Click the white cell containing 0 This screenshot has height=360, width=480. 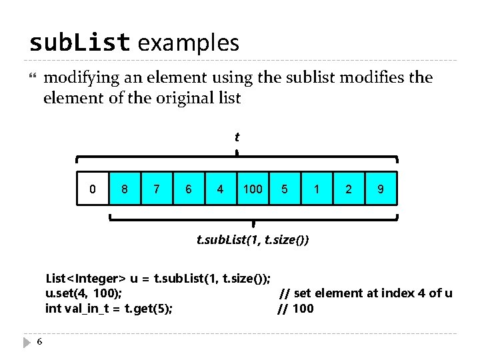click(x=93, y=189)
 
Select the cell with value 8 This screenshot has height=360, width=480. click(x=125, y=189)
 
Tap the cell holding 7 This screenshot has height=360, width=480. click(x=157, y=189)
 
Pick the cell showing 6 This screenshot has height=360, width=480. click(x=189, y=189)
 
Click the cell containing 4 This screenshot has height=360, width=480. click(x=221, y=189)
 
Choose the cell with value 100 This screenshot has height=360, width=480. click(x=253, y=189)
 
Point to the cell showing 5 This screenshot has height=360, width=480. click(x=285, y=189)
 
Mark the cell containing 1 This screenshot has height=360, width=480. click(x=317, y=189)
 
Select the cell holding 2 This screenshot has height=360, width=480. click(x=349, y=189)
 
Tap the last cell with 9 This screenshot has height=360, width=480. click(x=381, y=189)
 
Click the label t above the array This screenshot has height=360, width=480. click(x=237, y=137)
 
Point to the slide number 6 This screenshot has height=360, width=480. click(x=40, y=342)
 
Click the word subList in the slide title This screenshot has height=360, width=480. click(x=79, y=43)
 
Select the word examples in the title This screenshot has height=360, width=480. click(x=189, y=43)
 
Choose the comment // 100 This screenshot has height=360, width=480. click(x=295, y=308)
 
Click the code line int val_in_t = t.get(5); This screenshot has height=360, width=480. click(x=109, y=308)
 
